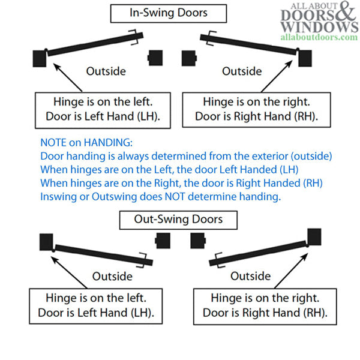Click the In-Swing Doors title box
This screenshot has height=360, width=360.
[169, 13]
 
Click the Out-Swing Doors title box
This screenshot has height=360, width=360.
[179, 219]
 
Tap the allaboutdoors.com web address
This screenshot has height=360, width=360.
[319, 37]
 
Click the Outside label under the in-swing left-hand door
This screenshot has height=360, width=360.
[106, 71]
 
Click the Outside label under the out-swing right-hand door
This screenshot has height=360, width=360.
[251, 276]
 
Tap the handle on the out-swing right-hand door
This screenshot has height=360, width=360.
[217, 260]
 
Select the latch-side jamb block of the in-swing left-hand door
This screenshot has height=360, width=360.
[156, 58]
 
